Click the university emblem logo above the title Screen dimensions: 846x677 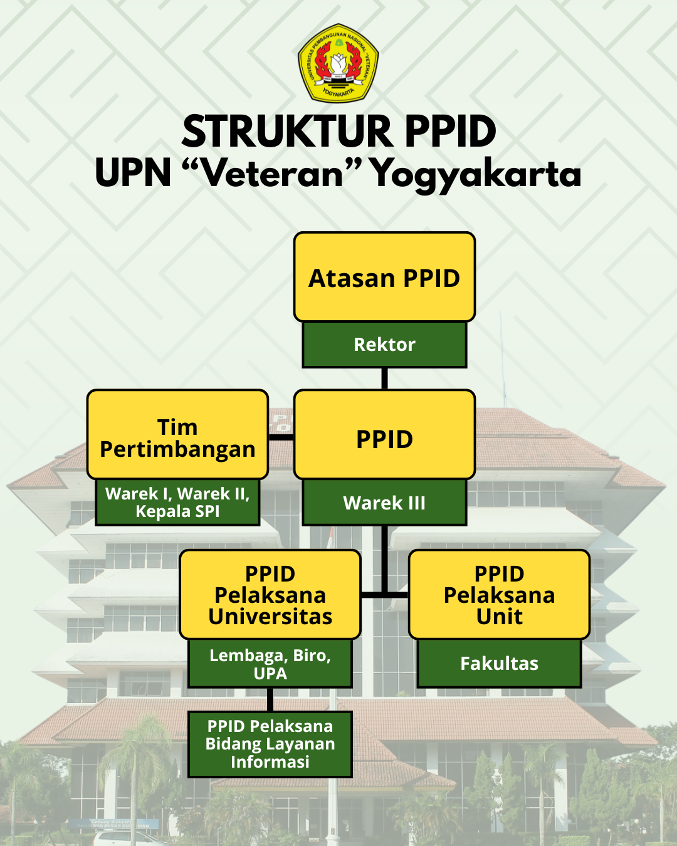coord(338,63)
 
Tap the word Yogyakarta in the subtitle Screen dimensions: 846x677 coord(476,174)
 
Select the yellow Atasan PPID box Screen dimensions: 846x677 coord(384,278)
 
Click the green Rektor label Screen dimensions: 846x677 coord(384,345)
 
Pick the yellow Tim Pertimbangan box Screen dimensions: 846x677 coord(177,435)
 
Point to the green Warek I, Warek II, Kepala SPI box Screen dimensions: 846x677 coord(177,503)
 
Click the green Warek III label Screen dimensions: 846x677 coord(384,503)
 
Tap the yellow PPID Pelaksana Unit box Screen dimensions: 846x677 coord(499,594)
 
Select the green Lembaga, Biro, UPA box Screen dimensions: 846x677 coord(270,664)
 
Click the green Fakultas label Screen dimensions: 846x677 coord(499,664)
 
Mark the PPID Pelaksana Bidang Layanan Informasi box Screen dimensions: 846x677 coord(270,744)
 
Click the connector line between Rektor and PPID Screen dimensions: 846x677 coord(384,379)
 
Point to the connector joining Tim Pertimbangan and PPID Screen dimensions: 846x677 coord(281,437)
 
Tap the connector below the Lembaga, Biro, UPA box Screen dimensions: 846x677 coord(270,699)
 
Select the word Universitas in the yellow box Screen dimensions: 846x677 coord(270,617)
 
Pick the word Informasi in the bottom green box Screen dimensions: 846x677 coord(270,762)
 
